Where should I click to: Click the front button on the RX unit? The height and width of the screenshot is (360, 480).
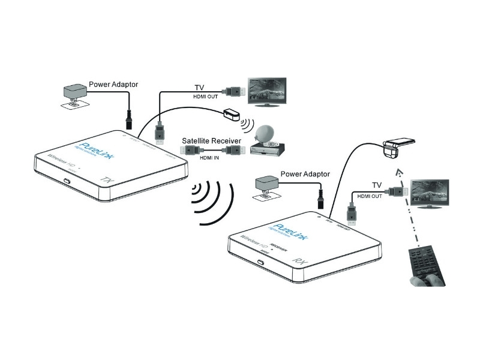(262, 263)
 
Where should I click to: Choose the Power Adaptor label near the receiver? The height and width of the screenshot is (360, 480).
(305, 174)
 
